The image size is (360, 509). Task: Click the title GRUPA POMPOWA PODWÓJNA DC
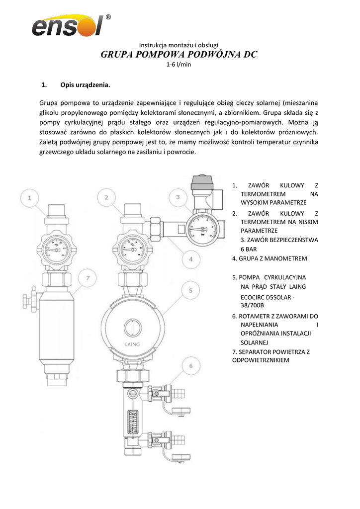point(179,55)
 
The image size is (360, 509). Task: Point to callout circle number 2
point(106,197)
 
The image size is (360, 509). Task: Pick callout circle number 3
point(178,197)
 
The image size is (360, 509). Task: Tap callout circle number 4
point(190,258)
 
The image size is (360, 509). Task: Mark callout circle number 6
point(190,367)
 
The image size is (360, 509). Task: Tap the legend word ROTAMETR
point(259,316)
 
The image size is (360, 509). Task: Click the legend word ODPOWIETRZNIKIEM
point(261,360)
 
